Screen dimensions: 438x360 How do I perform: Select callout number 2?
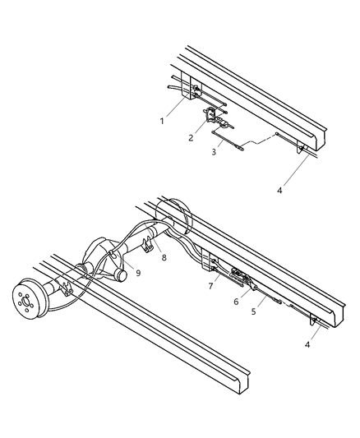(191, 137)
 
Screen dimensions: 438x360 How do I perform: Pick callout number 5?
(254, 312)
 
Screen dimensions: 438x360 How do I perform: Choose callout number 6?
(236, 302)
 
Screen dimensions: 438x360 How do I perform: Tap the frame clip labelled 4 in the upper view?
(302, 149)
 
